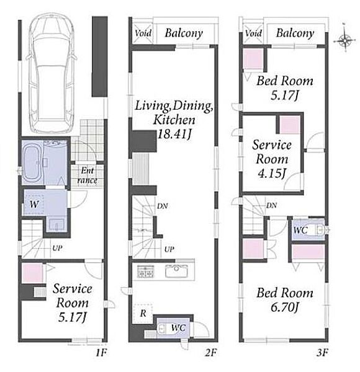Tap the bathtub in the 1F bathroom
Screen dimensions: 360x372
[x=32, y=162]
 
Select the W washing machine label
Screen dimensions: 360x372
[x=34, y=204]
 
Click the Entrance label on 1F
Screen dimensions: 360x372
[x=88, y=175]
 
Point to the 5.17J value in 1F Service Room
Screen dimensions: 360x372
[x=72, y=317]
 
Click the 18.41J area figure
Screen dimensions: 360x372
[x=174, y=135]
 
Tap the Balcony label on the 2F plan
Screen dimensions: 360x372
[x=184, y=33]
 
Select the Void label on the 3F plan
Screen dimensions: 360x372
[x=254, y=33]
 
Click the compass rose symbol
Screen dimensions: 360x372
[x=345, y=40]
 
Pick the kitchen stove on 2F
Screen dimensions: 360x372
[x=145, y=270]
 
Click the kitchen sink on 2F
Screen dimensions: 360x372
[x=176, y=271]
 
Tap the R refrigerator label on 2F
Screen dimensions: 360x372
[x=143, y=313]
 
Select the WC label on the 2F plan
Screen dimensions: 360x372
[x=178, y=327]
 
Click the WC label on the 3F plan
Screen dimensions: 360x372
[x=300, y=229]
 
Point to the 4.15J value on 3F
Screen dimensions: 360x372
[x=272, y=173]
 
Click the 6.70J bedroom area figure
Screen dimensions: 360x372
[x=284, y=308]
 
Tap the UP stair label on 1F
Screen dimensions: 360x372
[x=57, y=248]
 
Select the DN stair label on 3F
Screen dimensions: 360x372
[x=271, y=205]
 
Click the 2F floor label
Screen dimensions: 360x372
[x=210, y=353]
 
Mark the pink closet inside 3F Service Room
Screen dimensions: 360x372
[x=290, y=125]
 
